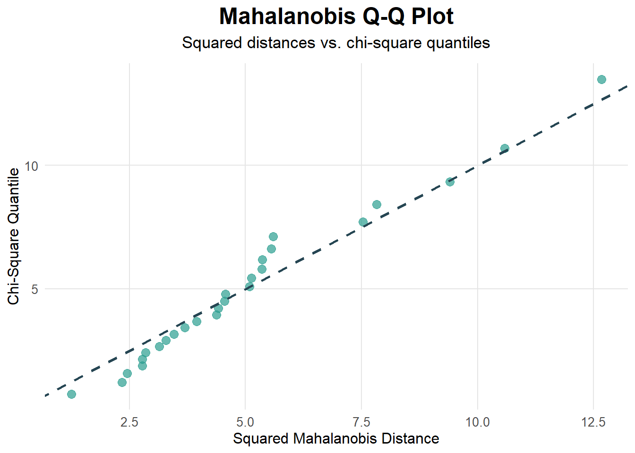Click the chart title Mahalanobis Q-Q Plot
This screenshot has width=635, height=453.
[x=336, y=17]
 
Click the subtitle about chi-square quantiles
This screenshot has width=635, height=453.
[x=336, y=43]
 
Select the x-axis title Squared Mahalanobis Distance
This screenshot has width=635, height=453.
[x=336, y=438]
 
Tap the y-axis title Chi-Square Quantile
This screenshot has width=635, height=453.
[x=14, y=236]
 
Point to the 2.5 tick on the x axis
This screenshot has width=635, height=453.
[x=129, y=421]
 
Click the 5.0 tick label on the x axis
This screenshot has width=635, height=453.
[x=245, y=421]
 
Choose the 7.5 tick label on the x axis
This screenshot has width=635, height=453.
[x=361, y=421]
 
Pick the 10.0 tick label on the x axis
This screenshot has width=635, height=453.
[x=477, y=421]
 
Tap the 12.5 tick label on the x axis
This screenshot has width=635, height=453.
[x=593, y=421]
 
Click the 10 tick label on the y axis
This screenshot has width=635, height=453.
[x=31, y=166]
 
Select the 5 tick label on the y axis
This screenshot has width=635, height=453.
[x=34, y=289]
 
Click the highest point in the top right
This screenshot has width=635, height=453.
[x=601, y=79]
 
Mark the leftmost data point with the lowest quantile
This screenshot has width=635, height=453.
[x=71, y=394]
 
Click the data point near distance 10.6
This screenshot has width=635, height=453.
[x=505, y=148]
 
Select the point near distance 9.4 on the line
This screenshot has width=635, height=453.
[x=450, y=182]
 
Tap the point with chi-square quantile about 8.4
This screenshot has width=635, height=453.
[x=377, y=204]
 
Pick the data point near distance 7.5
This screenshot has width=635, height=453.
[x=363, y=222]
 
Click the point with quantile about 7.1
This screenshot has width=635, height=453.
[x=273, y=236]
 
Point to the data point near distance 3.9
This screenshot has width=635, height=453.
[x=197, y=321]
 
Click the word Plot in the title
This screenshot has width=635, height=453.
[x=432, y=17]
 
